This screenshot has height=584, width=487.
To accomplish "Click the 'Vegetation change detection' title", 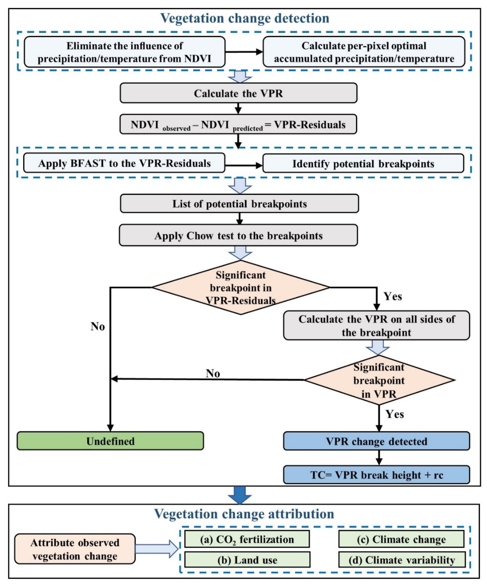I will pos(244,18).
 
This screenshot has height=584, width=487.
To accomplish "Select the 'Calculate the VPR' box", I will pos(238,93).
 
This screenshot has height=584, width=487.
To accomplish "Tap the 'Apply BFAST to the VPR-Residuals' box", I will pos(124,163).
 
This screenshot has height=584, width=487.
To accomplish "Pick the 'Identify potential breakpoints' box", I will pos(363,164).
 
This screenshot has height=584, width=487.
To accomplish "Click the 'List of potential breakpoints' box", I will pos(239,204).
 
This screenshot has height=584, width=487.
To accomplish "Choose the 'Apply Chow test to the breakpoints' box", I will pos(238,236).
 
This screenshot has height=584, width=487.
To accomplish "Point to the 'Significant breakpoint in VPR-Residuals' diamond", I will pos(240,288).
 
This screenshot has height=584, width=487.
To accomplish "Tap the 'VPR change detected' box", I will pos(376,441).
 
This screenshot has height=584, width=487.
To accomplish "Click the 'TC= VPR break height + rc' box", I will pos(376,475).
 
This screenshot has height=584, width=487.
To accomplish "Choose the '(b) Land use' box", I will pos(247,560).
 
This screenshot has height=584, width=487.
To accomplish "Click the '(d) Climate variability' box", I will pos(402,560).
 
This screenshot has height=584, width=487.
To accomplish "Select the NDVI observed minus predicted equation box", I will pos(238,125).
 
